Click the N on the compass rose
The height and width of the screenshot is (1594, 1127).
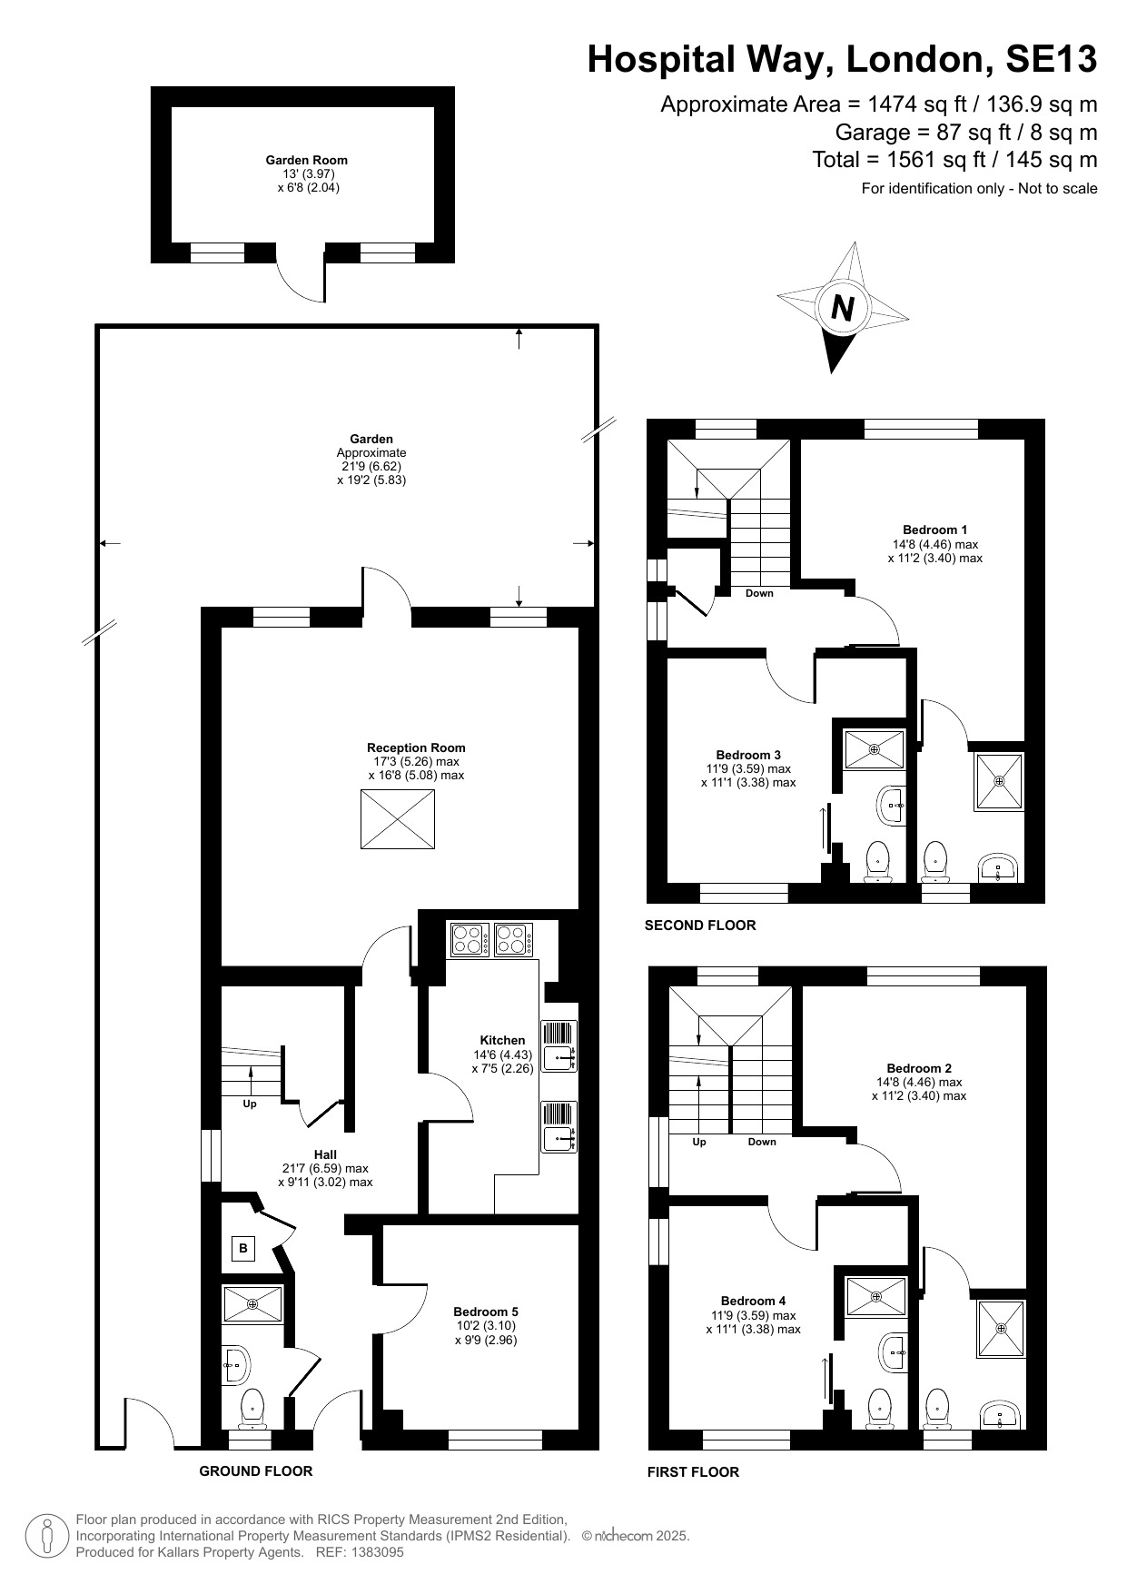click(x=843, y=308)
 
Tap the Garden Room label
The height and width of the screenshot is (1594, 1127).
click(x=306, y=160)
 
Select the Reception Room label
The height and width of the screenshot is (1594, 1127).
click(x=416, y=748)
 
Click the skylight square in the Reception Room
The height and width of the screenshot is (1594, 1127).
click(x=398, y=819)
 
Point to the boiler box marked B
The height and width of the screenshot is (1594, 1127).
click(x=243, y=1248)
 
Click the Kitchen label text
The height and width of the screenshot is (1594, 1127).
click(x=502, y=1041)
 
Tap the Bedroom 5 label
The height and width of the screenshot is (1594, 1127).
click(x=486, y=1312)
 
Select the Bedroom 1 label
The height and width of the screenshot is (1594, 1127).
click(x=935, y=530)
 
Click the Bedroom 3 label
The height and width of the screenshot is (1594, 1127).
click(x=748, y=755)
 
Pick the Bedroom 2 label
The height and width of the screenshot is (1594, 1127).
click(x=919, y=1068)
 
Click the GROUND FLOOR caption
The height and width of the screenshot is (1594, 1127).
click(x=256, y=1471)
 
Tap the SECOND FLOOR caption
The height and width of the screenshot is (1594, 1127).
click(x=700, y=926)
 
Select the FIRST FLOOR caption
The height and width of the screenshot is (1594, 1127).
click(x=693, y=1471)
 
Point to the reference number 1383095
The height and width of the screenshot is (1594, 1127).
click(x=374, y=1552)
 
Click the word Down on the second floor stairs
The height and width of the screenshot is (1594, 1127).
click(x=759, y=593)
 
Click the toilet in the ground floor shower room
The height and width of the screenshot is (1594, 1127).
click(x=252, y=1409)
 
